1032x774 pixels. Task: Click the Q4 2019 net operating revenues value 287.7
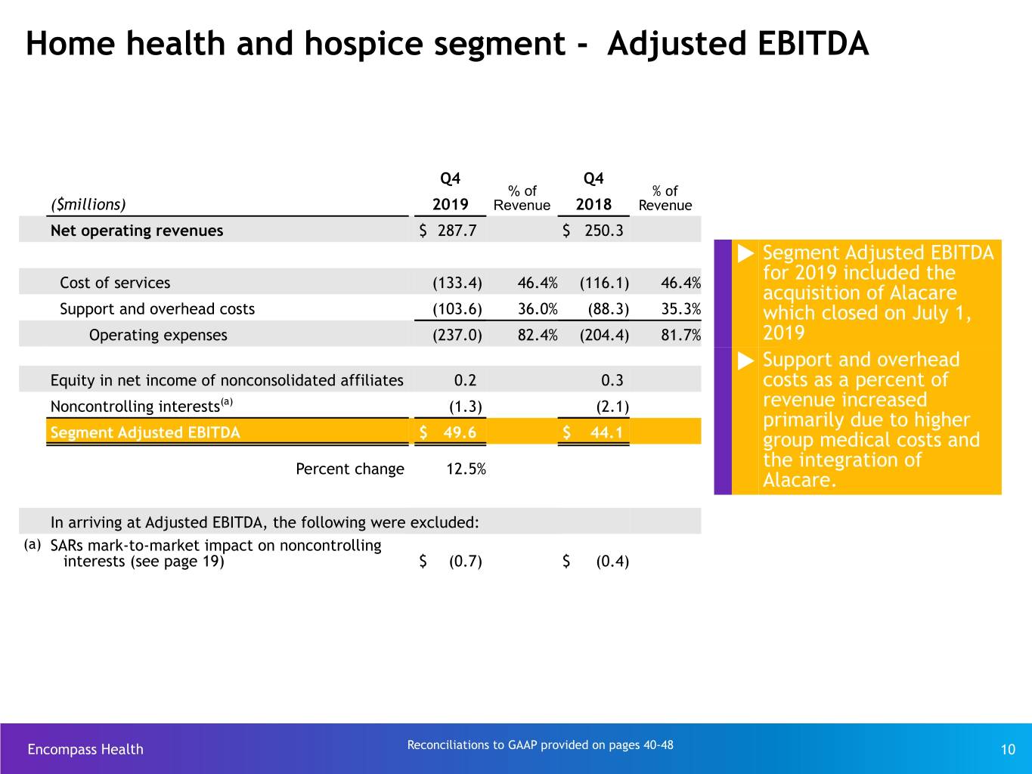click(457, 231)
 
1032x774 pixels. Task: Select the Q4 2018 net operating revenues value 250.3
click(603, 231)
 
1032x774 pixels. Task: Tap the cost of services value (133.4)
click(457, 283)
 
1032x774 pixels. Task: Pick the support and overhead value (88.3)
click(609, 309)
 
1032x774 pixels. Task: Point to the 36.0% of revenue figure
click(538, 308)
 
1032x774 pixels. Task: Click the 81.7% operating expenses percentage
click(680, 335)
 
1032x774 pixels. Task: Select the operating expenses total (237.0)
click(457, 336)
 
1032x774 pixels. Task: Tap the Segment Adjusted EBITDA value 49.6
click(460, 432)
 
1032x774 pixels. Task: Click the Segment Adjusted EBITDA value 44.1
click(606, 432)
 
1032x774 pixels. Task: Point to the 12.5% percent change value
click(466, 469)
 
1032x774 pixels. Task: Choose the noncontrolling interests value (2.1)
click(612, 407)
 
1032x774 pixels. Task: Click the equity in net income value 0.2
click(465, 380)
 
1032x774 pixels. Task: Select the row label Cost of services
click(115, 283)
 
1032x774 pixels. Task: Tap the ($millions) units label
click(88, 204)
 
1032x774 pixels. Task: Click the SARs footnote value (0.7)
click(466, 562)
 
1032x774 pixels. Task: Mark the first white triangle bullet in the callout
click(745, 254)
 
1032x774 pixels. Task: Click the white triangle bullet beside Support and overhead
click(745, 361)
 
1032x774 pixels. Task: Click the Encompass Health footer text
click(85, 749)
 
